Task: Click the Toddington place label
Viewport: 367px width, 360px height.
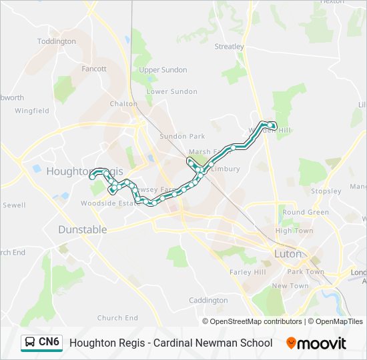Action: (x=57, y=41)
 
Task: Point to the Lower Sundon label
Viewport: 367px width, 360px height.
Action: (x=171, y=91)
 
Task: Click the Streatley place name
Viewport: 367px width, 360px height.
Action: (x=230, y=47)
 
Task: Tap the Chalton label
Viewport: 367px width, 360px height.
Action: (x=123, y=104)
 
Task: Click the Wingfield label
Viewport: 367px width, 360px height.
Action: (x=32, y=111)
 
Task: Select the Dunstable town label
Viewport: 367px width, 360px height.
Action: (x=82, y=229)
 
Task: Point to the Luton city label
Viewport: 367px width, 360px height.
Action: (x=288, y=254)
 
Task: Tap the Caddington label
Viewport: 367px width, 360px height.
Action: (x=208, y=301)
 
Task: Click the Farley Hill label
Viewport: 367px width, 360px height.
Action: (x=248, y=272)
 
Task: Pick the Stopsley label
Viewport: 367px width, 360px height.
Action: (x=326, y=191)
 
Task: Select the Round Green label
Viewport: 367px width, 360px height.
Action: (x=306, y=212)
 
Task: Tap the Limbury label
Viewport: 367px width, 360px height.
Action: (x=225, y=169)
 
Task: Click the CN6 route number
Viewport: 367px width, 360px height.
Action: (x=49, y=343)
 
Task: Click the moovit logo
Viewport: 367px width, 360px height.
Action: (x=316, y=343)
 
